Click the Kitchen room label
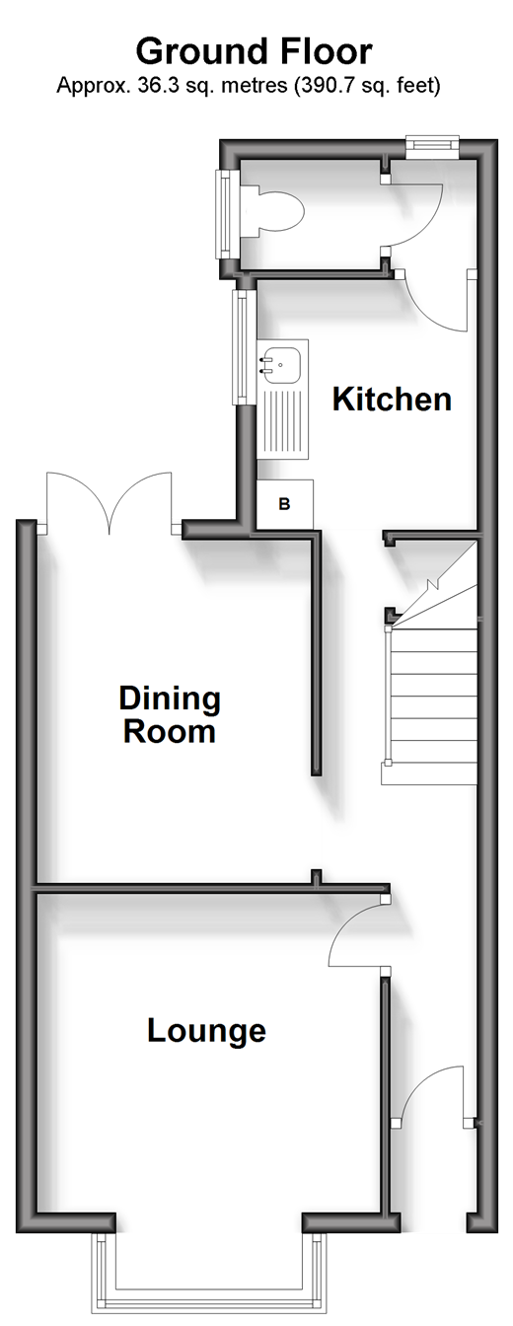point(392,399)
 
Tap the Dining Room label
point(170,714)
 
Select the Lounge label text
point(206,1031)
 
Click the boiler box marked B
point(284,504)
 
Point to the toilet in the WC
point(272,209)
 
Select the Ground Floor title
point(255,51)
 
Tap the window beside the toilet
point(226,214)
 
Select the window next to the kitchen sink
point(242,347)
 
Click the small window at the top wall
point(432,146)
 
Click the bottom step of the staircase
point(429,774)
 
